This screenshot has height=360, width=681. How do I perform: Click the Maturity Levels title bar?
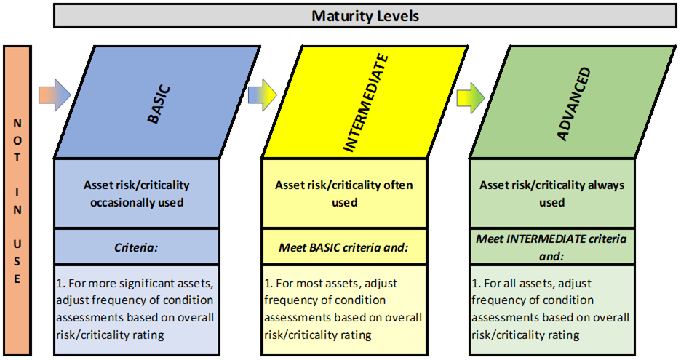365,16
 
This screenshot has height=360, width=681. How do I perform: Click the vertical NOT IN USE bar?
17,200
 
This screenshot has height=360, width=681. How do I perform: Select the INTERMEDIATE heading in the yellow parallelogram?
366,103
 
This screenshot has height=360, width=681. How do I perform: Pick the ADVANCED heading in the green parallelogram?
574,104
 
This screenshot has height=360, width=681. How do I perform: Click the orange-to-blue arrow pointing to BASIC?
55,95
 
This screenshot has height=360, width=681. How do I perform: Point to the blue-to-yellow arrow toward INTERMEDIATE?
263,95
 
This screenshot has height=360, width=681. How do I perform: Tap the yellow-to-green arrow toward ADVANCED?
470,97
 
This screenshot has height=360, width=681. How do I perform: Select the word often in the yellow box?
398,185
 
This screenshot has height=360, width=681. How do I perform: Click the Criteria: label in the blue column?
136,247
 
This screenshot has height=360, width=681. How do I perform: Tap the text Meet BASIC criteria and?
343,247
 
